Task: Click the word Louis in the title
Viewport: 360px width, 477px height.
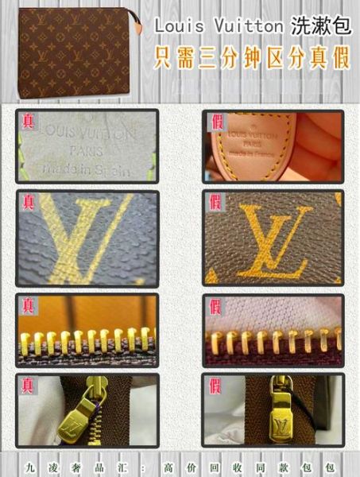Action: (176, 27)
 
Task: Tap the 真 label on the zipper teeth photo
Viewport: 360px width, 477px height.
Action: (29, 305)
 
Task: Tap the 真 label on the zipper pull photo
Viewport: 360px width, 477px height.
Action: (29, 386)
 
